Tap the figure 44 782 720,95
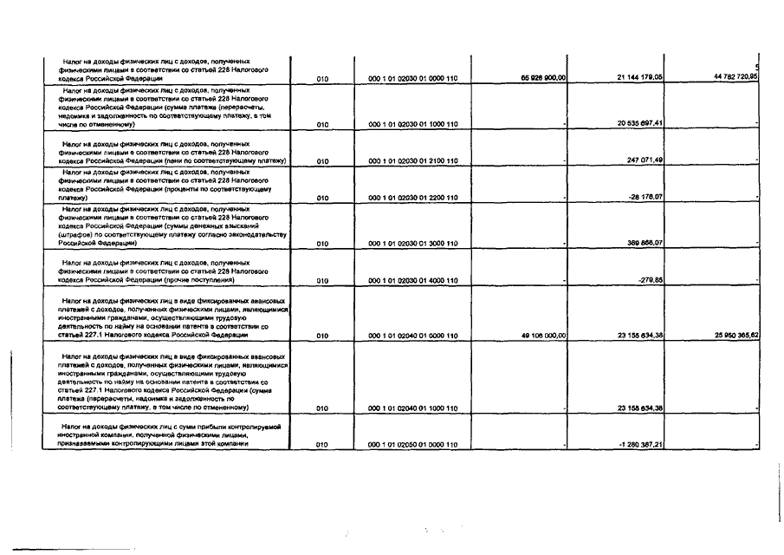coord(736,77)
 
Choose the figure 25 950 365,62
coord(736,335)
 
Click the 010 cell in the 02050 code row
coord(321,445)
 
